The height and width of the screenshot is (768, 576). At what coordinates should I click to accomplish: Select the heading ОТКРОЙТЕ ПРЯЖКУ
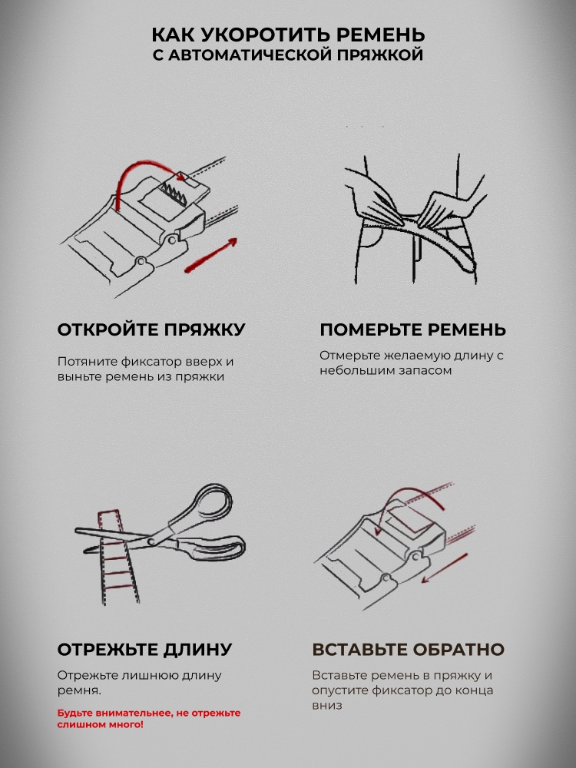[151, 330]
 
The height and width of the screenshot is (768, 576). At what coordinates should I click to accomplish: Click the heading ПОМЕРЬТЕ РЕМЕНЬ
[413, 329]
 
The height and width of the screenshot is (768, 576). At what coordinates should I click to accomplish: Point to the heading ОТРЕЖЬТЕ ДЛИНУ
[145, 650]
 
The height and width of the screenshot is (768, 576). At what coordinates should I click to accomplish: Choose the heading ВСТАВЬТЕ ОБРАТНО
[409, 650]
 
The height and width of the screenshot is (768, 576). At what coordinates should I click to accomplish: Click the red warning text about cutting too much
[149, 718]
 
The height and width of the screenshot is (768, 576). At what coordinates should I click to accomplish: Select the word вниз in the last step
[326, 705]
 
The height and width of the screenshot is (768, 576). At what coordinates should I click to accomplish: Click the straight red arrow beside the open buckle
[211, 255]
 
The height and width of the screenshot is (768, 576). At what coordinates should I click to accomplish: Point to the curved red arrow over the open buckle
[147, 169]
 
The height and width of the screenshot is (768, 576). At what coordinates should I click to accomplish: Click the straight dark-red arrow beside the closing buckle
[445, 568]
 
